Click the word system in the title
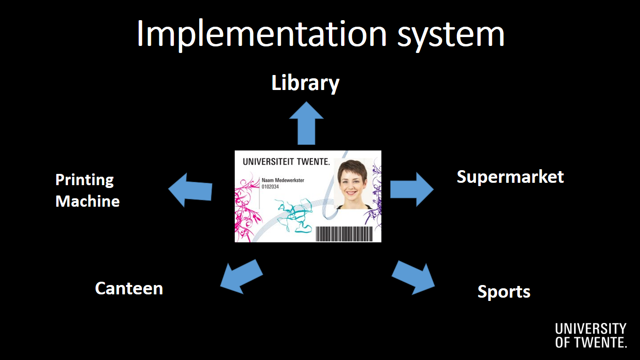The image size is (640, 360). tap(451, 36)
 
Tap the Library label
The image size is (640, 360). tap(305, 83)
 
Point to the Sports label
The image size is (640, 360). tap(504, 292)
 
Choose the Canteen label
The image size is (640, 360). tap(129, 288)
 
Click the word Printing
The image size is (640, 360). tap(85, 180)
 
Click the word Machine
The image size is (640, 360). tap(88, 201)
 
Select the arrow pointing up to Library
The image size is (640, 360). tap(306, 123)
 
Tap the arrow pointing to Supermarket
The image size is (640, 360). tap(412, 189)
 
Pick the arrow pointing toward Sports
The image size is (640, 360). tap(413, 278)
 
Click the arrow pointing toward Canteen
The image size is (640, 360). tap(241, 277)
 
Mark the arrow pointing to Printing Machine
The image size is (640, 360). tap(190, 190)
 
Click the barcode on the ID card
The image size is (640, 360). tap(344, 234)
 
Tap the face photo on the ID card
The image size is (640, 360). tap(353, 183)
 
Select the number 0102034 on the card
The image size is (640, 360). tap(270, 187)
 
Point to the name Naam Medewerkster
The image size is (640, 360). tap(283, 180)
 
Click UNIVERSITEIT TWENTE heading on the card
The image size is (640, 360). tap(286, 162)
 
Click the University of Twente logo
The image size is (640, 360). tap(591, 336)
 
